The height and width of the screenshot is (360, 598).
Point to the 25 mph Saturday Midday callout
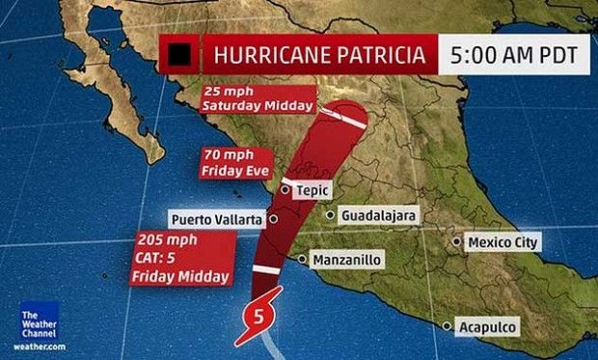(258, 98)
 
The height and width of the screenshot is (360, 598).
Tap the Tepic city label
(310, 190)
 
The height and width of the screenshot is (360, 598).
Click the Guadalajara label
(378, 216)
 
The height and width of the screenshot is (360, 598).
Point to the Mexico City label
(502, 241)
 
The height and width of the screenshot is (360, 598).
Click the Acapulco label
(486, 326)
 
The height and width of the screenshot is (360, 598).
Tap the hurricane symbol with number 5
(257, 315)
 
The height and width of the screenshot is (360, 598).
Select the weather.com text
(40, 346)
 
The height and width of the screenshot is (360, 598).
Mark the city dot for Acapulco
(447, 326)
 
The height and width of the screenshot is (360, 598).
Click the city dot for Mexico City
(458, 241)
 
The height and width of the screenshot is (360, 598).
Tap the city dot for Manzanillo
(303, 260)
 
